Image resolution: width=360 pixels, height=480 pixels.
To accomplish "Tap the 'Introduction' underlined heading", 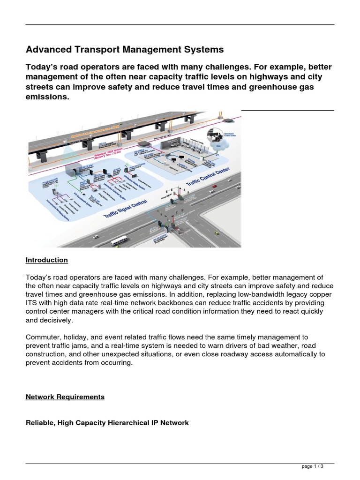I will [46, 260].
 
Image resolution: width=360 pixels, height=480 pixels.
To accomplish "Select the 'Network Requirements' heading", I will [65, 397].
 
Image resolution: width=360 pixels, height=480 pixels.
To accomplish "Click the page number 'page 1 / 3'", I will [312, 467].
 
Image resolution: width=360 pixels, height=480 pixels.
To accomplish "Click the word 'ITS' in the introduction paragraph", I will [30, 303].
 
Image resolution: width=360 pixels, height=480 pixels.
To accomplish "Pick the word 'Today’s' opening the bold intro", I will [41, 67].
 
